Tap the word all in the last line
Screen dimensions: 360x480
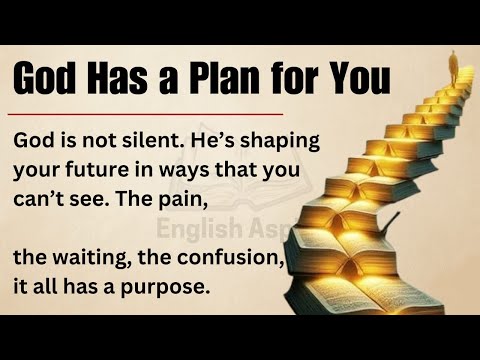click(48, 288)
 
